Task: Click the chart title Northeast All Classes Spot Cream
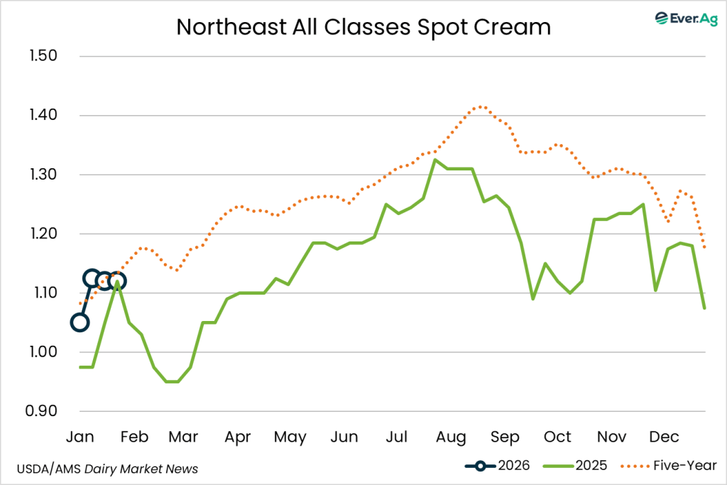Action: coord(363,26)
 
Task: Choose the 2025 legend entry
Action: coord(576,466)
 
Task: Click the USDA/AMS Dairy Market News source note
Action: coord(107,469)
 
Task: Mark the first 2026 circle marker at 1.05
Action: coord(80,322)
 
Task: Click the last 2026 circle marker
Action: coord(117,281)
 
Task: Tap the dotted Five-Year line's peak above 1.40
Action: coord(481,107)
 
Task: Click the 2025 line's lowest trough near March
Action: coord(173,381)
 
